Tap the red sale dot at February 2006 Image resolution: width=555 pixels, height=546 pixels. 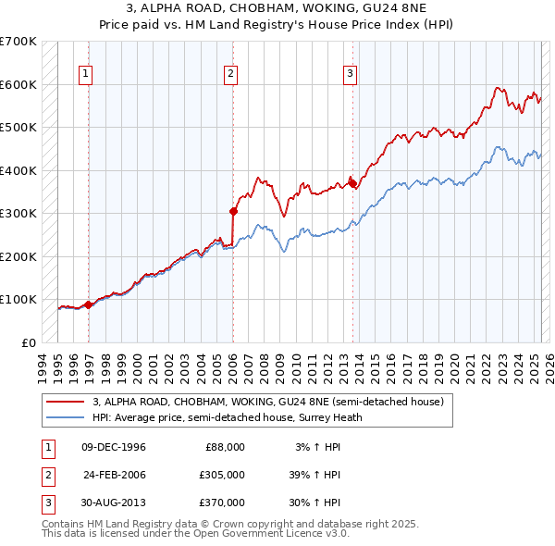click(x=233, y=211)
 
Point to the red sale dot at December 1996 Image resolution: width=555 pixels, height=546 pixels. click(x=89, y=304)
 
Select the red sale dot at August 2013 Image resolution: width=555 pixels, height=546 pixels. click(x=352, y=182)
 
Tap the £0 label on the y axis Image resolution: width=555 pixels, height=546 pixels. click(x=27, y=342)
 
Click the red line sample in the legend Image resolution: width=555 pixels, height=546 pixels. click(x=66, y=403)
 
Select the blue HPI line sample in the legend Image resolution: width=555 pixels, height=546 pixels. click(x=66, y=417)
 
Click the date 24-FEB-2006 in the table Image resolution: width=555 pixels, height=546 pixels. click(x=115, y=475)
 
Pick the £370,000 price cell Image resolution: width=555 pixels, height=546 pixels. click(x=223, y=503)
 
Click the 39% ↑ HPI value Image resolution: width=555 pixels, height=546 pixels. click(x=314, y=475)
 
